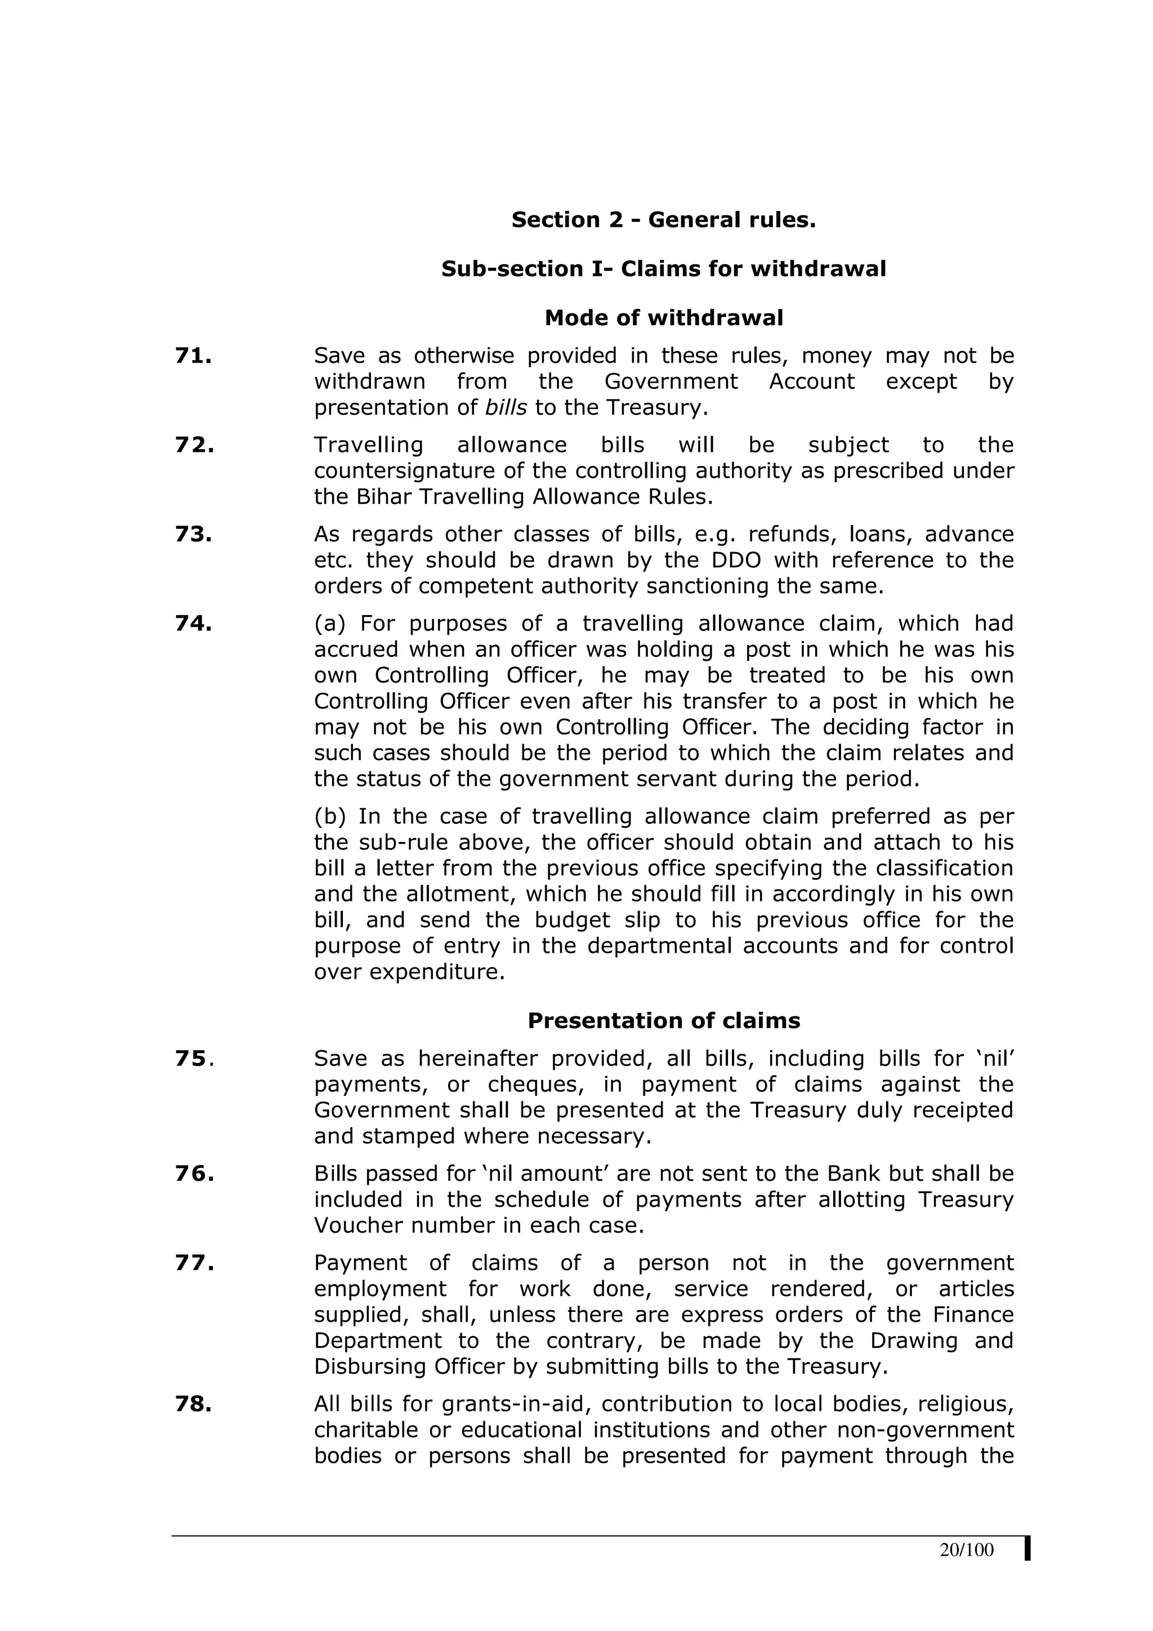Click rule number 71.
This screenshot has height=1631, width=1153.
(x=193, y=356)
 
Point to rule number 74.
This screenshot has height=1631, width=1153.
(x=193, y=624)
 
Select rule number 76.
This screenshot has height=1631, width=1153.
(x=194, y=1173)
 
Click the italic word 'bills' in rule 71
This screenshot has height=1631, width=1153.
(x=506, y=407)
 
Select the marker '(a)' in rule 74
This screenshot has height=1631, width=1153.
(x=330, y=624)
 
